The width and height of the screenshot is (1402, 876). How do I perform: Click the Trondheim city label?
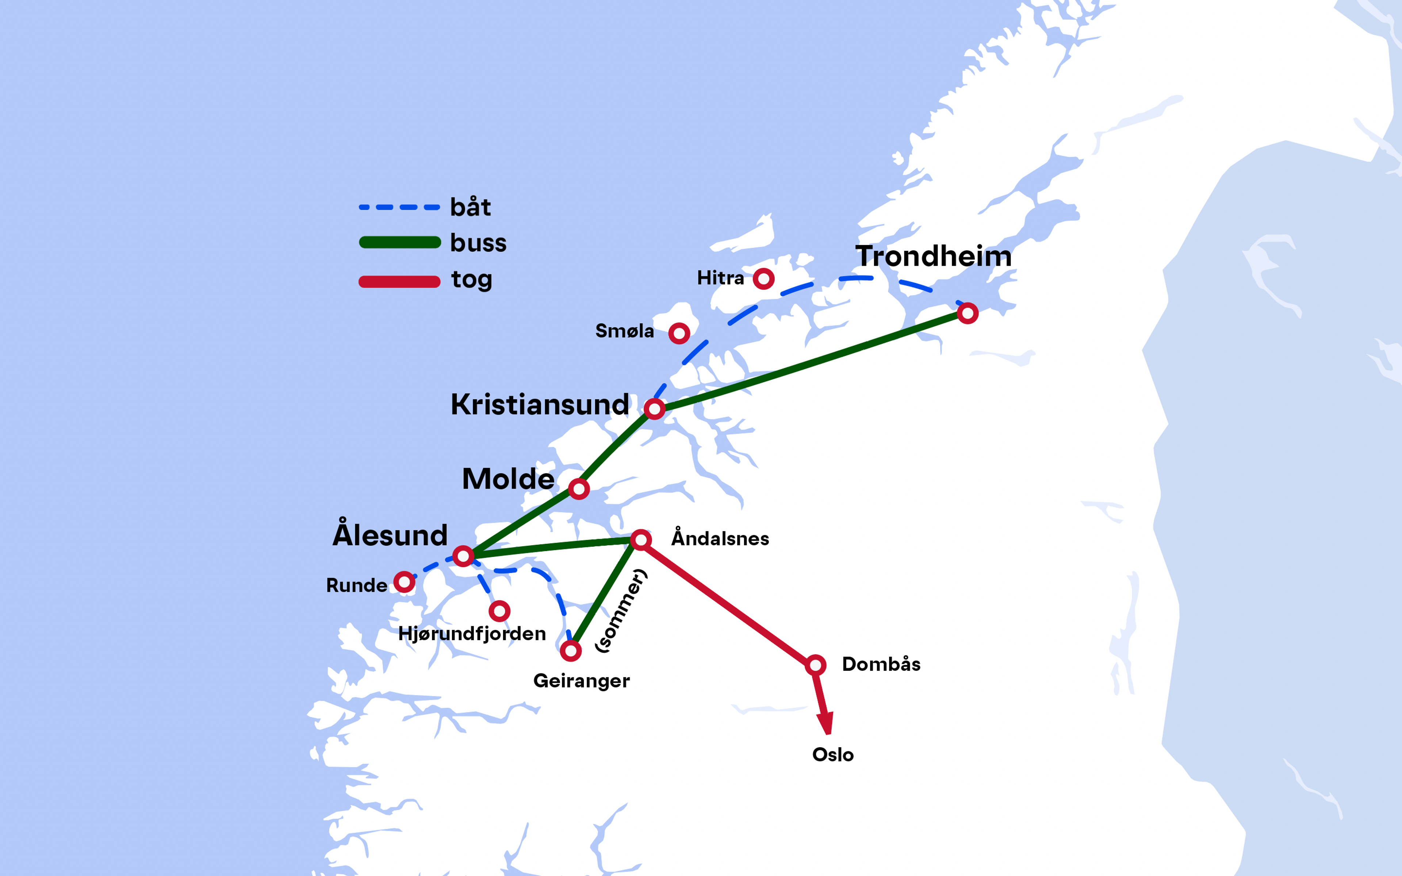(933, 256)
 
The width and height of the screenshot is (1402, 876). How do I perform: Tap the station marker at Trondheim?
(968, 314)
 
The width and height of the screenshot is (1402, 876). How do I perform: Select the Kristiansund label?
(539, 404)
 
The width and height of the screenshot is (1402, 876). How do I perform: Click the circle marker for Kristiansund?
(654, 409)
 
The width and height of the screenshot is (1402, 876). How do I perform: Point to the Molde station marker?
(579, 489)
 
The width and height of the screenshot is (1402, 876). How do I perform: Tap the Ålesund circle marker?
(463, 556)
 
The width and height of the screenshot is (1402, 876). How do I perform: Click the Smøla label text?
(625, 331)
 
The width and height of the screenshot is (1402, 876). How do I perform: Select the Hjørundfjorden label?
(472, 633)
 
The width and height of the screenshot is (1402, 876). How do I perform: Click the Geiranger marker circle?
(571, 651)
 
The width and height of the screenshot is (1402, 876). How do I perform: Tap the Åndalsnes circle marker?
(641, 540)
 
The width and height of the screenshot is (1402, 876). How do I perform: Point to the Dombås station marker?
(815, 665)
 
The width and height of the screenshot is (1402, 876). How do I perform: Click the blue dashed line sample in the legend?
(399, 207)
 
